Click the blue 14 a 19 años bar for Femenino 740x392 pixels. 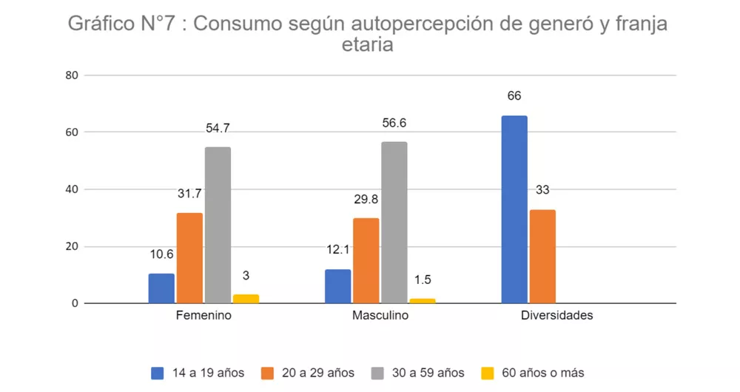pos(161,288)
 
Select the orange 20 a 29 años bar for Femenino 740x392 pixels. pos(189,258)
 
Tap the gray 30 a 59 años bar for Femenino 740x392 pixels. pos(218,225)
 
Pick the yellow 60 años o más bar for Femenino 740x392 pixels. pos(246,299)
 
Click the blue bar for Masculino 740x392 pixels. pos(337,286)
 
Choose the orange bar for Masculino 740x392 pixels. pos(366,260)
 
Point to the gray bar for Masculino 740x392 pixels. pos(394,222)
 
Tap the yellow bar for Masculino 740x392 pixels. pos(422,300)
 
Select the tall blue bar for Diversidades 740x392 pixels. pos(514,209)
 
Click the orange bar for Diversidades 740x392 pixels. pos(542,256)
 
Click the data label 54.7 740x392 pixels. pos(218,128)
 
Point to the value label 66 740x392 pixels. pos(514,96)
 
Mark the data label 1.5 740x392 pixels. pos(422,280)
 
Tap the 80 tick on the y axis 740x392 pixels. pos(72,75)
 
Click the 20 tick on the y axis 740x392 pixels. pos(72,246)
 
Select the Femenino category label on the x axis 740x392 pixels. pos(203,316)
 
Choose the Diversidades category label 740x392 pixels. pos(556,316)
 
